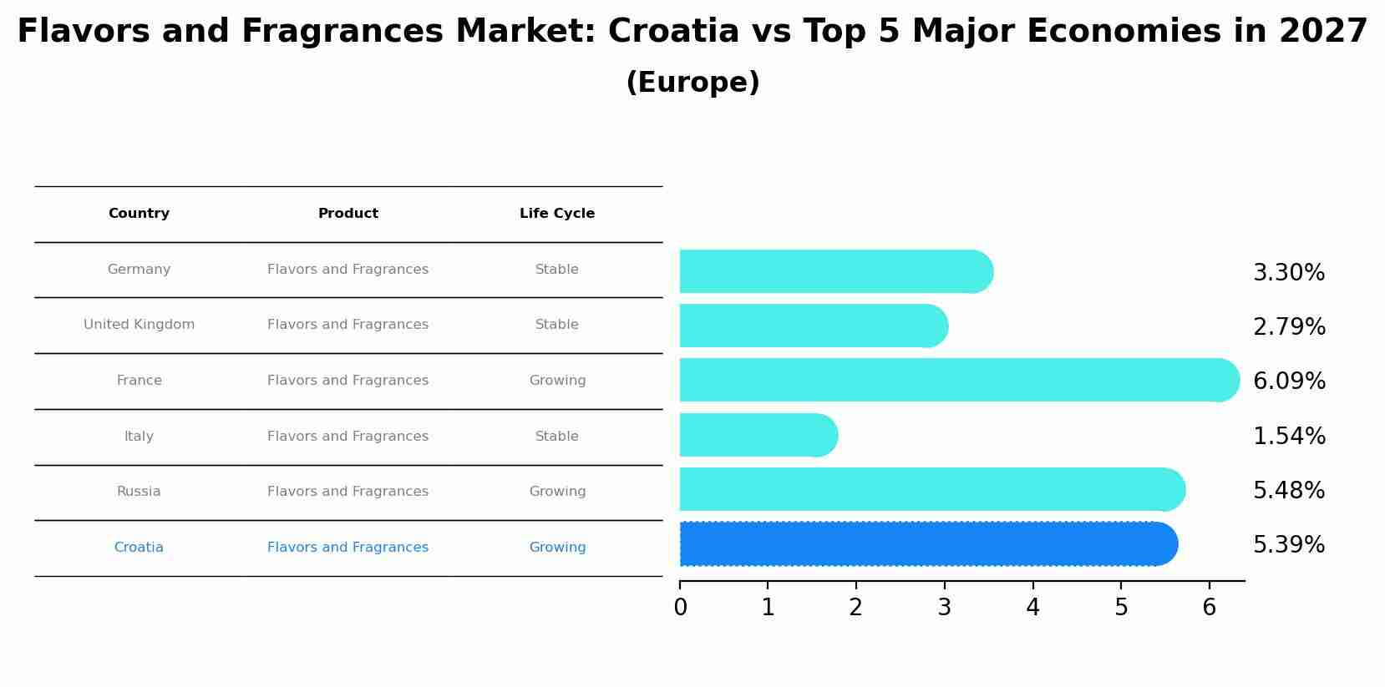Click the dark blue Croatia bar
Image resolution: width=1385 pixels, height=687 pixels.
[927, 544]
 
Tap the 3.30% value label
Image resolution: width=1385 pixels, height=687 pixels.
[1288, 273]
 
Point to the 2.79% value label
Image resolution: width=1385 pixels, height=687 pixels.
[1288, 327]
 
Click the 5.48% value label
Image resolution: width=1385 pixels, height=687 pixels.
[1288, 491]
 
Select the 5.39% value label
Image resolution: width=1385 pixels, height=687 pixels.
[1288, 545]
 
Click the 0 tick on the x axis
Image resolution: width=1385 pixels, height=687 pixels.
[680, 608]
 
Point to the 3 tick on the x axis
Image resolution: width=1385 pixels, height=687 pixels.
[944, 608]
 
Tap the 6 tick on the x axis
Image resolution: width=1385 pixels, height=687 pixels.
[1209, 608]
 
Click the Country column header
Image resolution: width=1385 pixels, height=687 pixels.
[139, 214]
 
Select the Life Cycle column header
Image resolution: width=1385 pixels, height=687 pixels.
[557, 214]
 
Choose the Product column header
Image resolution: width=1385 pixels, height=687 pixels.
[348, 214]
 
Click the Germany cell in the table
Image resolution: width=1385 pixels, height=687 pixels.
[139, 270]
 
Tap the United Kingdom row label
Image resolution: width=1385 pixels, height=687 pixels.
[139, 325]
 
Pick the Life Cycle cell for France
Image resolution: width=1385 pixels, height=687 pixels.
[557, 381]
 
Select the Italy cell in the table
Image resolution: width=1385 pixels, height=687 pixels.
[139, 437]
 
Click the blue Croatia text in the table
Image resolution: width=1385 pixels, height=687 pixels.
[139, 548]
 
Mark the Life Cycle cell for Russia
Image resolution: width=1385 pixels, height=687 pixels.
[557, 492]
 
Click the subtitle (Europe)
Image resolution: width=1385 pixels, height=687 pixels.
[692, 83]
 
